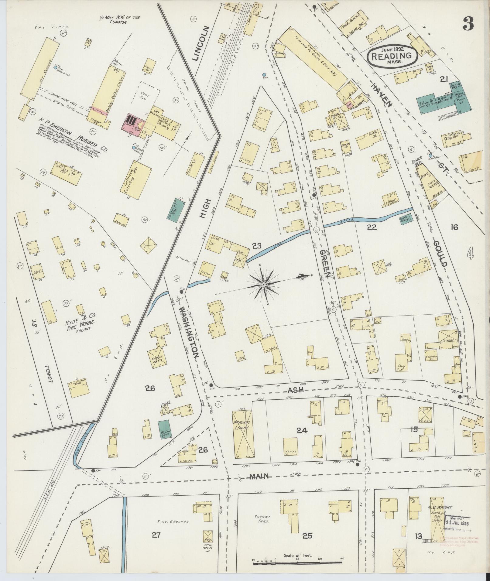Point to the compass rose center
coord(264,284)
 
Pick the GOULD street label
coord(440,254)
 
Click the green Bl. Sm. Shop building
coord(164,430)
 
